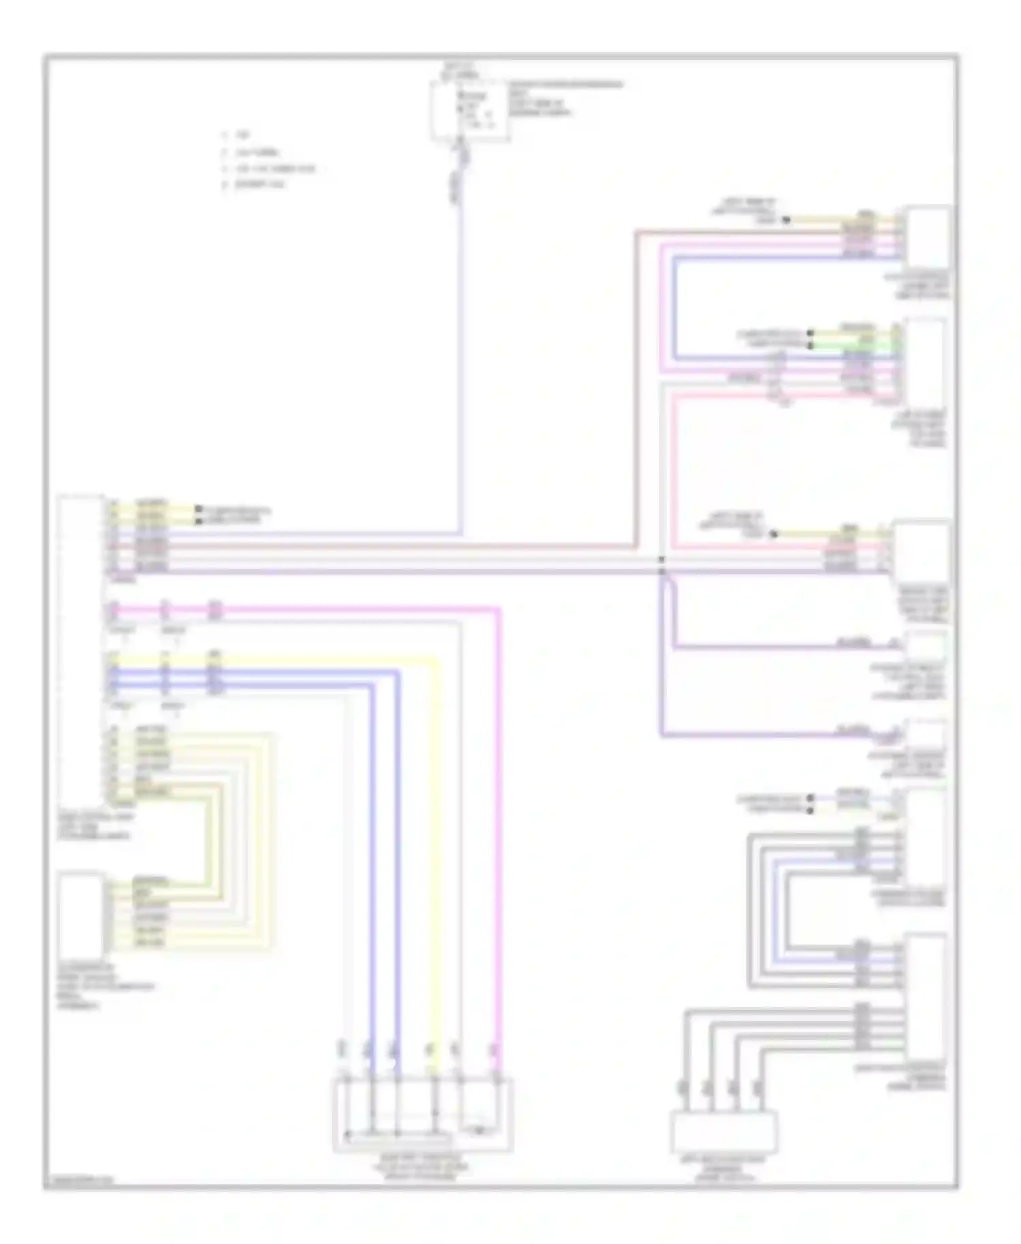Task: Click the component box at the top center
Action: coord(470,110)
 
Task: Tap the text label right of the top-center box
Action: coord(565,99)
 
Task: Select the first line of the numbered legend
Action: coord(238,136)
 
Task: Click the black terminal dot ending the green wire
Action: coord(810,345)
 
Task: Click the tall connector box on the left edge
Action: coord(81,650)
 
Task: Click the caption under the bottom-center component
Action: coord(423,1166)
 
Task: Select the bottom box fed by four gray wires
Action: coord(724,1131)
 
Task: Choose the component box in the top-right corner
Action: coord(928,238)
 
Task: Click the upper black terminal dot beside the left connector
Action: coord(198,509)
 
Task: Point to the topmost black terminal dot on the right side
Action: coord(786,220)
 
